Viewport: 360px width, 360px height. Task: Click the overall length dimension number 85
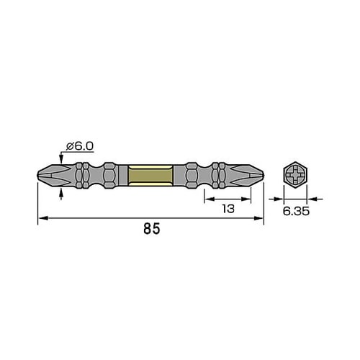click(x=150, y=230)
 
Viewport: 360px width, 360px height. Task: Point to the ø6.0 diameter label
click(x=79, y=146)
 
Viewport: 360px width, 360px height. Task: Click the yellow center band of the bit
click(x=150, y=175)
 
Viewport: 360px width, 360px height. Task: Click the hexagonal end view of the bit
click(x=295, y=175)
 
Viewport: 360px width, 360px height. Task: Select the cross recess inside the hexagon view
click(x=295, y=175)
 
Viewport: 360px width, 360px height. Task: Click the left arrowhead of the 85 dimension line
click(x=42, y=218)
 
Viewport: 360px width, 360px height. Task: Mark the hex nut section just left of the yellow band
click(x=109, y=175)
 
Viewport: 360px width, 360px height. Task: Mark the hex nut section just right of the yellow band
click(x=192, y=175)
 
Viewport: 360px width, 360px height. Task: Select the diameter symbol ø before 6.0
click(x=70, y=146)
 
